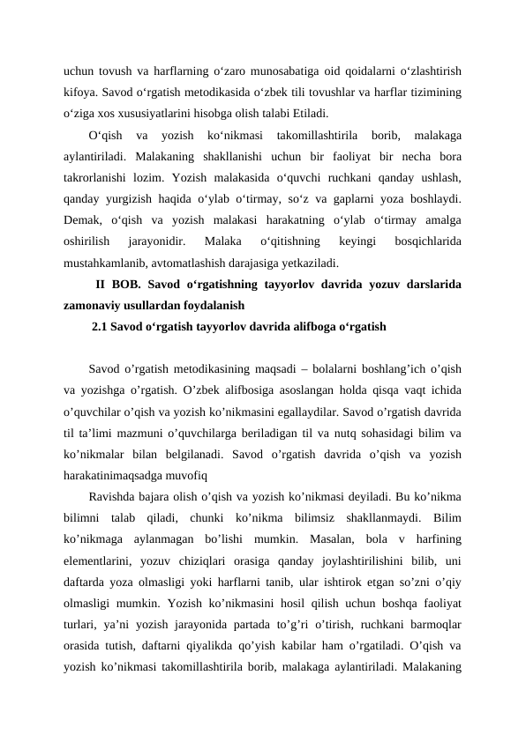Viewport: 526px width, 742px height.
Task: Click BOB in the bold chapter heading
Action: (127, 284)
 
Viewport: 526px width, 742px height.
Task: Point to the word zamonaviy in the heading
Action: (93, 305)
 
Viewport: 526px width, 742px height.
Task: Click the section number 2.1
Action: (101, 327)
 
